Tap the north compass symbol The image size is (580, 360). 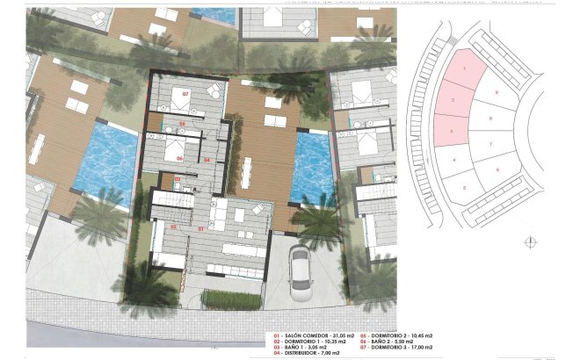[529, 242]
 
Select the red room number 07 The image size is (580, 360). [186, 93]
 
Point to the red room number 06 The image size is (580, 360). [179, 159]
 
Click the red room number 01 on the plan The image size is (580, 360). [200, 228]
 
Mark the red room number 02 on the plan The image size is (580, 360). [177, 179]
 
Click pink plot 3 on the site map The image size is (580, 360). [451, 131]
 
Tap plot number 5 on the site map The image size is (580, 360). [464, 186]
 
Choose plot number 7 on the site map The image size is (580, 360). [490, 143]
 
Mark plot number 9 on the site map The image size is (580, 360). [497, 92]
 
